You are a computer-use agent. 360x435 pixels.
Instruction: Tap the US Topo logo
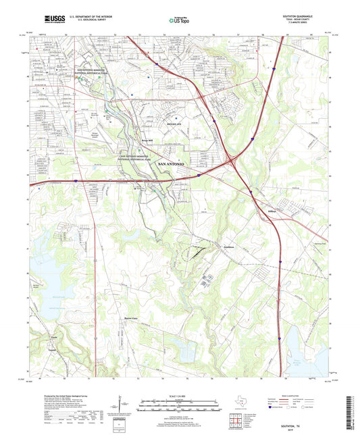[178, 21]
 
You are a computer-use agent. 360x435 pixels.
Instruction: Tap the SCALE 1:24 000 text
[179, 395]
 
